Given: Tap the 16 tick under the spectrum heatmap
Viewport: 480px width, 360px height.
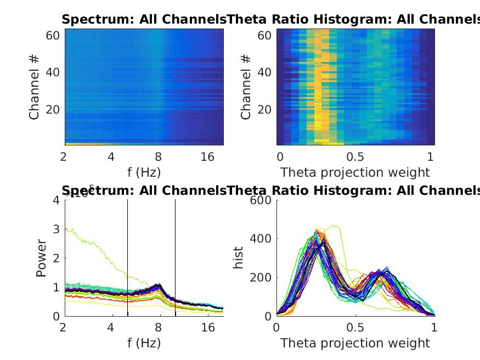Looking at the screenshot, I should [x=207, y=157].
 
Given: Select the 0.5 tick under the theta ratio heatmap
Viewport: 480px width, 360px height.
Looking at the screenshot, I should [x=355, y=157].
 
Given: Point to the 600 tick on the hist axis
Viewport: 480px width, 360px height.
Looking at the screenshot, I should [x=261, y=200].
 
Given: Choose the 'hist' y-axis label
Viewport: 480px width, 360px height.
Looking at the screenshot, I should [x=239, y=258].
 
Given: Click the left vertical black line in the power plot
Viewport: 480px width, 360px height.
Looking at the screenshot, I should [x=127, y=258].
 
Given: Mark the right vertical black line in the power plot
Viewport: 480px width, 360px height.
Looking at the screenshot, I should [x=175, y=258].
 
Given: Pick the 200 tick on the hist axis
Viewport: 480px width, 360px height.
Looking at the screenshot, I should [x=261, y=278].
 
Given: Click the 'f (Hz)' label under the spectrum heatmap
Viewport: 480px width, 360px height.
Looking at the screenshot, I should [x=144, y=172].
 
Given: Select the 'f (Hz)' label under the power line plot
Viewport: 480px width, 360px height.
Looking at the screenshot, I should [x=144, y=344].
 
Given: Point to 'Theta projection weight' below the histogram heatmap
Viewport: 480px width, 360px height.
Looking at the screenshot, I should [x=355, y=172].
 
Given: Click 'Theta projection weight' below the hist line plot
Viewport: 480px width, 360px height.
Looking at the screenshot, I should [x=355, y=344].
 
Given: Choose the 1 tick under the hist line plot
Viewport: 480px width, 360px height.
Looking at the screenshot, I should [x=433, y=328].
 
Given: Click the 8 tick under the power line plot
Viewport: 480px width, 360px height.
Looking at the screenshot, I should [x=159, y=328].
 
